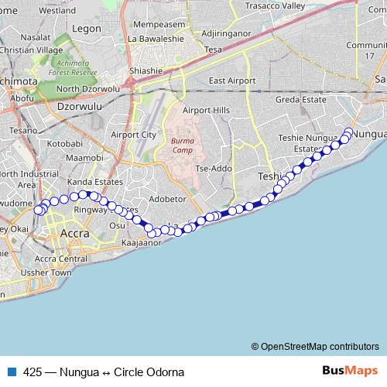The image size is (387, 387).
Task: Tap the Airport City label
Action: point(134,134)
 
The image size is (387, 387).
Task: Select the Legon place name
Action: point(86,28)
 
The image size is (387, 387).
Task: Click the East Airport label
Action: point(231,80)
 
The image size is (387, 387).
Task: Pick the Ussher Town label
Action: point(52,272)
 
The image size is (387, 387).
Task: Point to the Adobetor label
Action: point(168,198)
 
